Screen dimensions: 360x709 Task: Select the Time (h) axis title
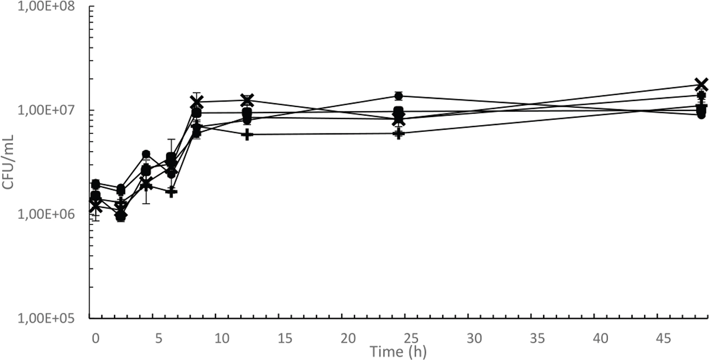pos(398,351)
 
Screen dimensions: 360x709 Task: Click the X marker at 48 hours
pos(701,84)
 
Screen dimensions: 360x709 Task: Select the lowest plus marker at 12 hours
pos(247,134)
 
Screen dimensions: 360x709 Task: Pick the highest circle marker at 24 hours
pos(399,96)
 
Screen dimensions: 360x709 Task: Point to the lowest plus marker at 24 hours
pos(399,133)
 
